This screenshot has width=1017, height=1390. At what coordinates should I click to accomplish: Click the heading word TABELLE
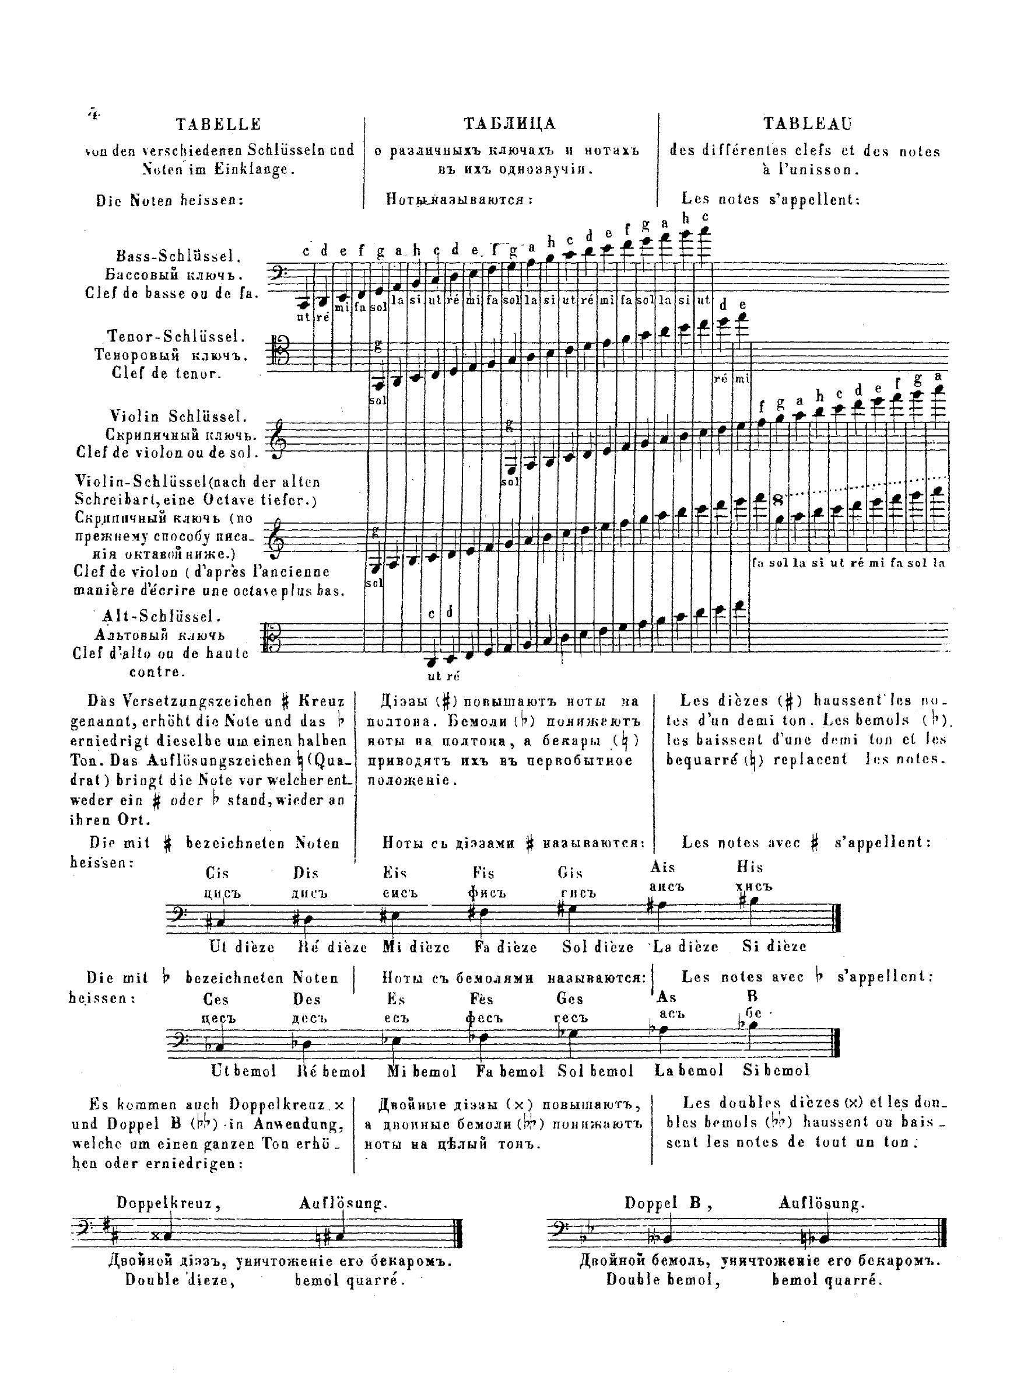[x=219, y=124]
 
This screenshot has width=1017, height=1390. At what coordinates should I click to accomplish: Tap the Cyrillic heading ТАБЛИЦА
[x=510, y=124]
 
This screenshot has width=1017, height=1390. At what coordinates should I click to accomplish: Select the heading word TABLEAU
[x=808, y=124]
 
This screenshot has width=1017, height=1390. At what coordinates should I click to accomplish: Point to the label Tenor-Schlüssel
[x=177, y=336]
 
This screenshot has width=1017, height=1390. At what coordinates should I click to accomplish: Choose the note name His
[x=750, y=867]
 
